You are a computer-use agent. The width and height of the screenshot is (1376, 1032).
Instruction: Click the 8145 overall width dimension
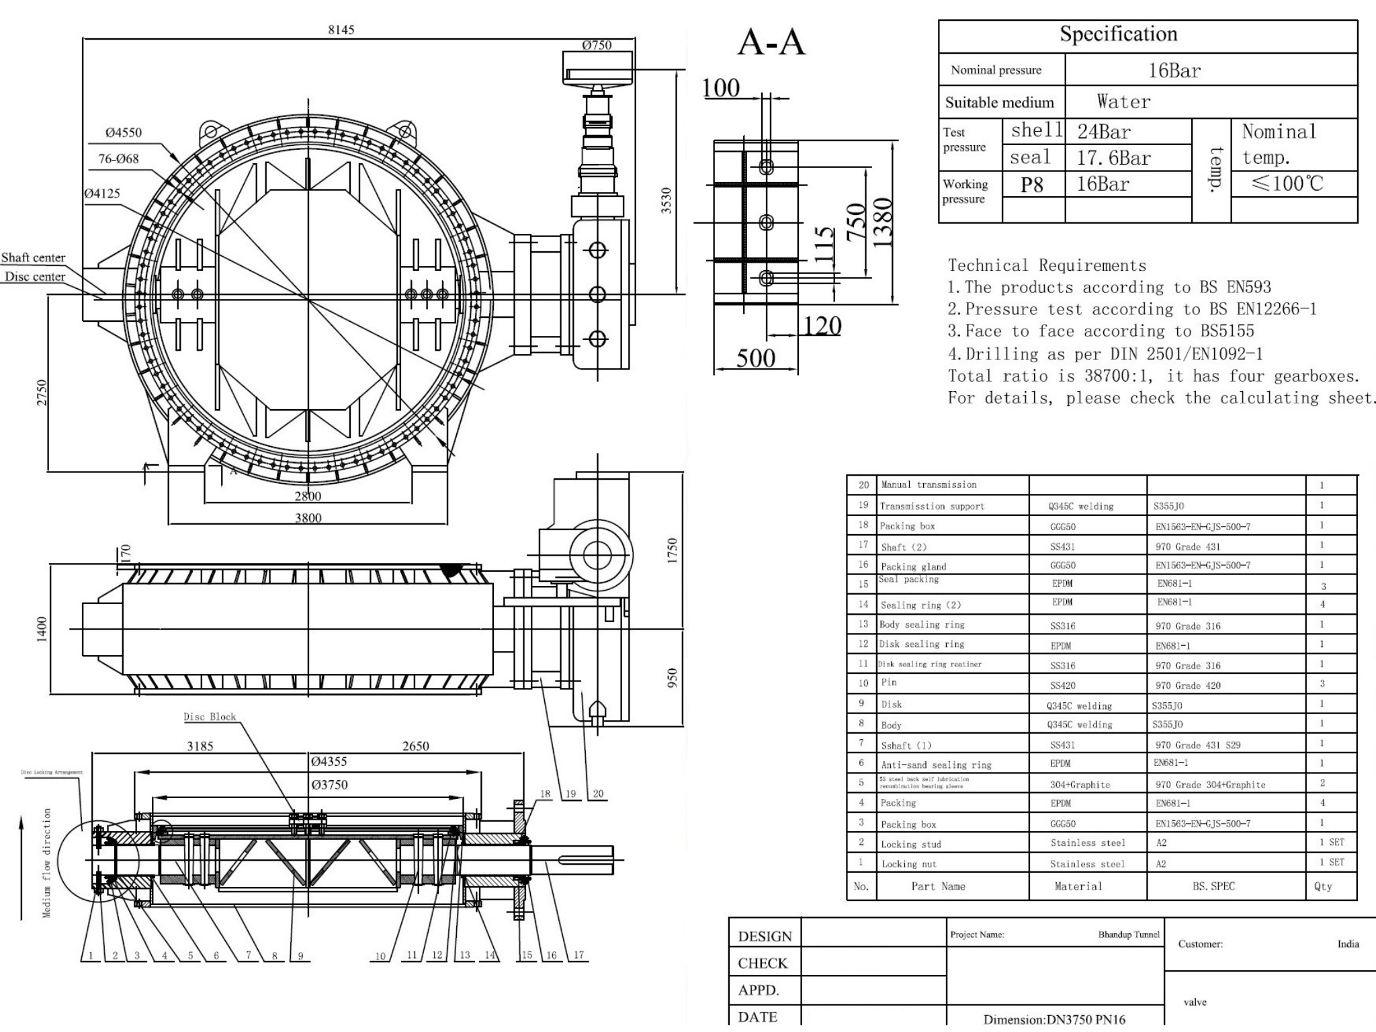tap(341, 30)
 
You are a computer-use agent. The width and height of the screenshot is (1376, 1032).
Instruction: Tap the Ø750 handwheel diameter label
tap(597, 45)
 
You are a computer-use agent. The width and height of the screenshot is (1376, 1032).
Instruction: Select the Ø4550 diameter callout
tap(124, 132)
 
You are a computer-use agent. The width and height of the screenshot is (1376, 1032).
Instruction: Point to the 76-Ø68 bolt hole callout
tap(118, 159)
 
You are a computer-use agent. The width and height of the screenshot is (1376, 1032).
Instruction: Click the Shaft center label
tap(33, 257)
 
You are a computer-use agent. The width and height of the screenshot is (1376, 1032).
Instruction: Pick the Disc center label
tap(35, 276)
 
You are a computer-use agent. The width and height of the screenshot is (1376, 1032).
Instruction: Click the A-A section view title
tap(771, 43)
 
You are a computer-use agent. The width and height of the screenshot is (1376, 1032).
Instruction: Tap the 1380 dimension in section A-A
tap(883, 222)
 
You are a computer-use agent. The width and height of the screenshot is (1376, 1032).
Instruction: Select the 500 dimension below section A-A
tap(755, 358)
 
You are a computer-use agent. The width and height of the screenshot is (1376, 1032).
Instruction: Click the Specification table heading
tap(1118, 34)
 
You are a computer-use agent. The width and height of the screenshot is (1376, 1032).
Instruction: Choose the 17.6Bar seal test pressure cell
tap(1113, 158)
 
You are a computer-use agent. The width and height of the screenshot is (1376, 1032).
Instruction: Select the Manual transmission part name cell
tap(929, 484)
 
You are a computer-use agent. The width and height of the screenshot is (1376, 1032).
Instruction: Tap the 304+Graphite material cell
tap(1080, 784)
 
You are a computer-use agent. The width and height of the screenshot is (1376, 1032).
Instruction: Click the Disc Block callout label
tap(210, 717)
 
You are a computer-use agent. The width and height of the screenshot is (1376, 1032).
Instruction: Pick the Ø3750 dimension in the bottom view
tap(329, 785)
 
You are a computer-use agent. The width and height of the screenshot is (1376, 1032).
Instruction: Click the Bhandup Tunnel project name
tap(1129, 935)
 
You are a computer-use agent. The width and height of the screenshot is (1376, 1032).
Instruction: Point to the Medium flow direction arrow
tap(22, 867)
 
